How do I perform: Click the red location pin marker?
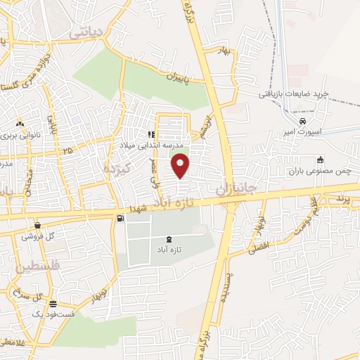point(181,165)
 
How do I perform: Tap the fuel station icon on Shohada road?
point(120,219)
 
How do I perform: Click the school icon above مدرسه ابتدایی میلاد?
point(150,134)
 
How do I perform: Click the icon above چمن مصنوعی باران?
point(321,160)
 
